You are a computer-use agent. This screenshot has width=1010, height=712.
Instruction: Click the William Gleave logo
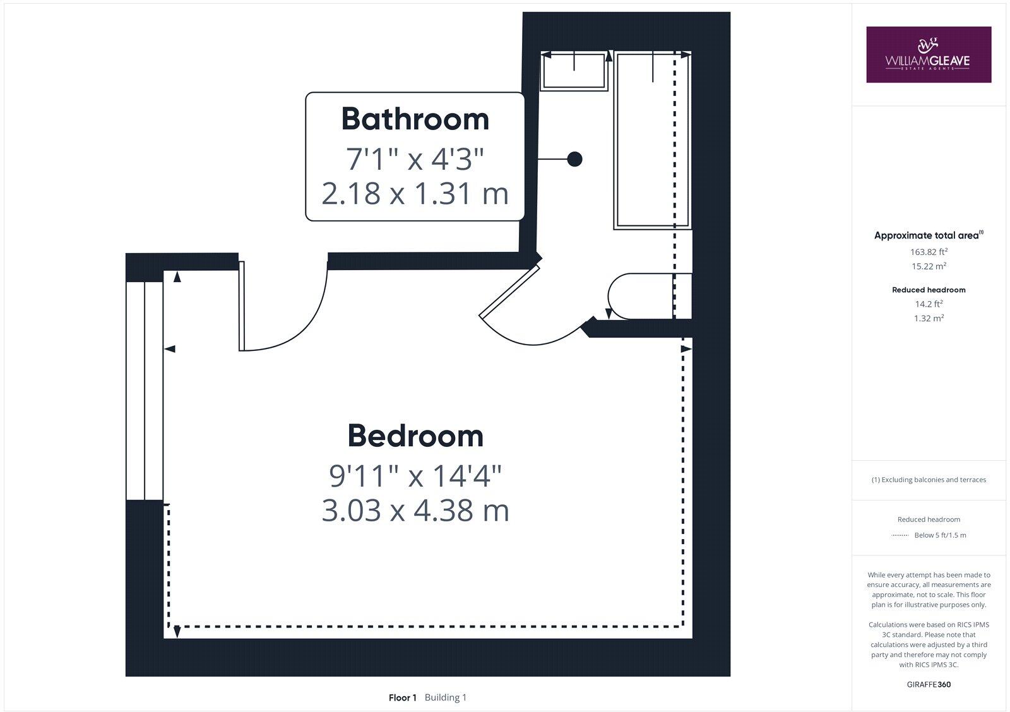pyautogui.click(x=928, y=54)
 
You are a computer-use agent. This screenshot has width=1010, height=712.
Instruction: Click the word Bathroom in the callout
pyautogui.click(x=415, y=119)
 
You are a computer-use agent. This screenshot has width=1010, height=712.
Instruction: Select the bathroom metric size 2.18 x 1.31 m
pyautogui.click(x=415, y=193)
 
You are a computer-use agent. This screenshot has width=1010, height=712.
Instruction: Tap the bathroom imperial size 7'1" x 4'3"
pyautogui.click(x=415, y=159)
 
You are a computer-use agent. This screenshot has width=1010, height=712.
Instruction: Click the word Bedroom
pyautogui.click(x=415, y=436)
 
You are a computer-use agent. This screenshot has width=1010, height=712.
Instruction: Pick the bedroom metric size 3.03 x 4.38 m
pyautogui.click(x=415, y=511)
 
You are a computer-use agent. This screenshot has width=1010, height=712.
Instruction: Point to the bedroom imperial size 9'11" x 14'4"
pyautogui.click(x=415, y=475)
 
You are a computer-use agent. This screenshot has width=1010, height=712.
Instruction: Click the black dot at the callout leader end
pyautogui.click(x=574, y=159)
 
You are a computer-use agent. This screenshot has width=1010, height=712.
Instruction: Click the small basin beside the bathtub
pyautogui.click(x=573, y=71)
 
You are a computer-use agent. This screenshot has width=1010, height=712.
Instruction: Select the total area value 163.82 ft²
pyautogui.click(x=929, y=251)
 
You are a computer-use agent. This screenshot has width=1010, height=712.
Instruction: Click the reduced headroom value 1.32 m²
pyautogui.click(x=929, y=318)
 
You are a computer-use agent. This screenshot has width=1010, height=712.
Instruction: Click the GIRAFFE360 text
pyautogui.click(x=929, y=684)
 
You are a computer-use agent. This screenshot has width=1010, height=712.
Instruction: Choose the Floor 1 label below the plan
pyautogui.click(x=403, y=697)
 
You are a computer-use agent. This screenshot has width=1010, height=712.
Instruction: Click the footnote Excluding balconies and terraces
pyautogui.click(x=929, y=480)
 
